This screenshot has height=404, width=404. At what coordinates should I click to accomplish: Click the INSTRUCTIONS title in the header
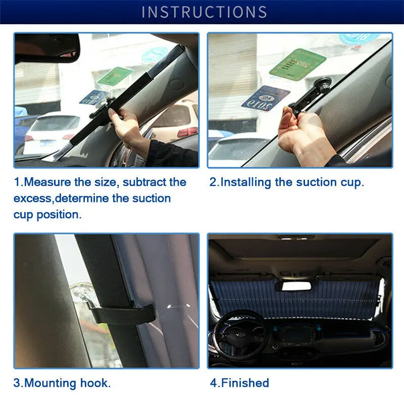tap(205, 12)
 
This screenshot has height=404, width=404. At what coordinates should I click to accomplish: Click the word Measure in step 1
tap(47, 182)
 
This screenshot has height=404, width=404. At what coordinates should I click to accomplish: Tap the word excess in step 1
tap(33, 198)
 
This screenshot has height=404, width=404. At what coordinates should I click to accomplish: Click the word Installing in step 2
tap(246, 182)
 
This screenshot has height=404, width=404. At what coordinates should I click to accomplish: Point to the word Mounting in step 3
tap(50, 383)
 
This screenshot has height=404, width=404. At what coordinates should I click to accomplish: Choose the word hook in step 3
tap(95, 383)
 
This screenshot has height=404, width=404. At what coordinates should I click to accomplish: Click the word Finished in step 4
tap(245, 383)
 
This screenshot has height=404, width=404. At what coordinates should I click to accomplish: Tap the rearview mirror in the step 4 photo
tap(293, 286)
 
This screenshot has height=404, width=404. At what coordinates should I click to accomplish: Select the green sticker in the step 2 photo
tap(297, 63)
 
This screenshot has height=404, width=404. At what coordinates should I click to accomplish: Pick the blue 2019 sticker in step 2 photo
tap(266, 98)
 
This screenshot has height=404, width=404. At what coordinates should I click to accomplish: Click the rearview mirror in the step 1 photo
tap(47, 48)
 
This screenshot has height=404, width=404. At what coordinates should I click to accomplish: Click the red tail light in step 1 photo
tap(187, 132)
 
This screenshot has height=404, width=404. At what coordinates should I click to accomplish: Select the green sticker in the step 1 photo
tap(115, 76)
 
